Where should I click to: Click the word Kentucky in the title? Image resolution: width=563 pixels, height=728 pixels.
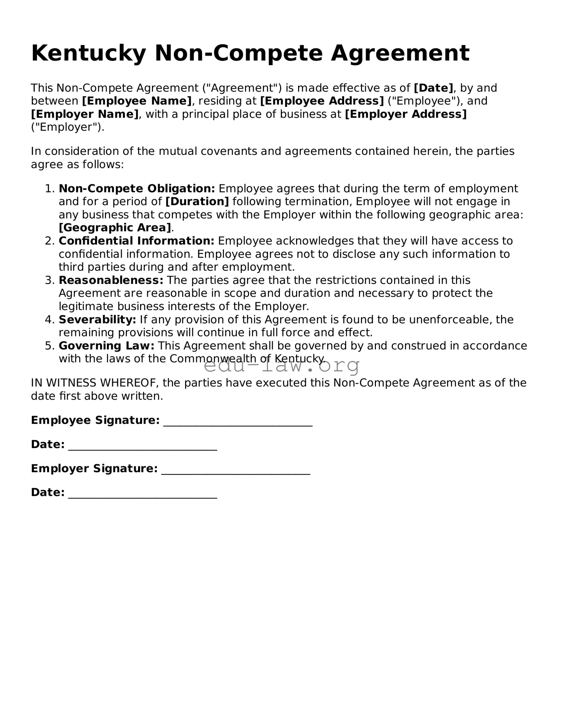pos(89,53)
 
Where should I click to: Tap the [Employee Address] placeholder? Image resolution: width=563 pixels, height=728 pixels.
pos(322,101)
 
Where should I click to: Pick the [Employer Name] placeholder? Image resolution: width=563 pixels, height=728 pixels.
pos(85,114)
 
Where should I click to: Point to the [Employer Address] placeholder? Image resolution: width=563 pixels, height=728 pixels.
pos(406,114)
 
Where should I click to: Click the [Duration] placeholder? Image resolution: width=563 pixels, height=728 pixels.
pos(197,201)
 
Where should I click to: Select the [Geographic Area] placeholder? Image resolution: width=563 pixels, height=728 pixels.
pos(115,228)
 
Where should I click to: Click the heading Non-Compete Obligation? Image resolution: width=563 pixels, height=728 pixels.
pos(137,188)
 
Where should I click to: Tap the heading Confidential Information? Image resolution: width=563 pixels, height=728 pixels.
pos(136,241)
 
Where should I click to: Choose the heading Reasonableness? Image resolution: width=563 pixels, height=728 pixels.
pos(111,280)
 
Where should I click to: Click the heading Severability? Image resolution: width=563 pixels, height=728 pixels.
pos(97,319)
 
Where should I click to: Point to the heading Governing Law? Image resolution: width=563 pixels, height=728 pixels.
pos(106,346)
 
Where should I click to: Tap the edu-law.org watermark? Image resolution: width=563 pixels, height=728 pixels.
pos(281,366)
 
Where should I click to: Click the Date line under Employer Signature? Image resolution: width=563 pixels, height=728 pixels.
pos(142,496)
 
